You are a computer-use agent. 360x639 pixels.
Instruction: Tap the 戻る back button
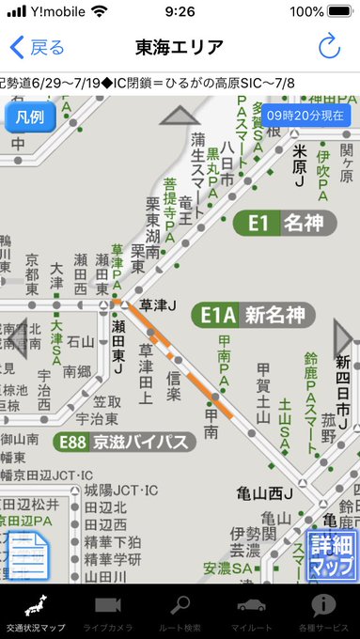(x=37, y=48)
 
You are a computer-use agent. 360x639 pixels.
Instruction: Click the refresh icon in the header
(x=329, y=47)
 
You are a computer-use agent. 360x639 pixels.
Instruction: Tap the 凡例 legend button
(x=31, y=117)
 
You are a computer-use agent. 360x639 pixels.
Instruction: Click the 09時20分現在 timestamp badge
(x=305, y=115)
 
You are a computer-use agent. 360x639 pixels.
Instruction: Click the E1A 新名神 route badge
(x=253, y=315)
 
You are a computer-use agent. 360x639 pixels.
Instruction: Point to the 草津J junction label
(x=158, y=304)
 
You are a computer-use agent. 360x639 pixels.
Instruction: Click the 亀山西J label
(x=263, y=493)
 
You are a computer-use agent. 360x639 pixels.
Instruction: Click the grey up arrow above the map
(x=180, y=116)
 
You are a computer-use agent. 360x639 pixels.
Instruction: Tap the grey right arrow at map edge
(x=345, y=338)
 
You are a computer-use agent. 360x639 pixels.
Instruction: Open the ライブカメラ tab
(x=108, y=613)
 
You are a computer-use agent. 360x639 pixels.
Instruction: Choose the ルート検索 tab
(x=180, y=613)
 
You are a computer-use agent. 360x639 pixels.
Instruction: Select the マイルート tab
(x=251, y=613)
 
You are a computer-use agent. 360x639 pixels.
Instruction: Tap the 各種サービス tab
(x=323, y=613)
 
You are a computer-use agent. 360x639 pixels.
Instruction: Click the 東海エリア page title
(x=180, y=47)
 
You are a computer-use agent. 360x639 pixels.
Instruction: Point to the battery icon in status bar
(x=339, y=12)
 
